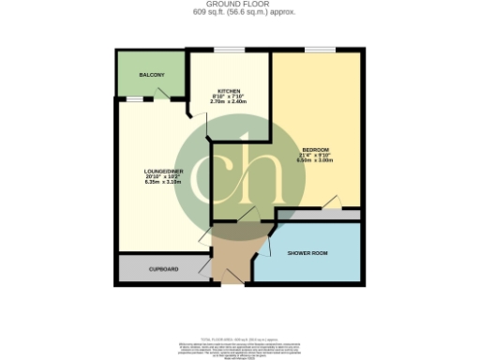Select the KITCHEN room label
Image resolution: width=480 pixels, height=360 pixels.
[x=230, y=90]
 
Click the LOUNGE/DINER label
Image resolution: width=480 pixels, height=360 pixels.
[x=150, y=171]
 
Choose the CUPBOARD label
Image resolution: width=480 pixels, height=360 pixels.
[x=164, y=268]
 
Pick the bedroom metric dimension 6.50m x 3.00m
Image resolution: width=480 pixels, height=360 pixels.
[x=316, y=160]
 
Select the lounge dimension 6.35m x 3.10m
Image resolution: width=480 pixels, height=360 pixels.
[x=150, y=182]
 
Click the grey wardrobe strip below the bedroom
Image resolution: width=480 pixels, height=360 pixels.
[x=319, y=215]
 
